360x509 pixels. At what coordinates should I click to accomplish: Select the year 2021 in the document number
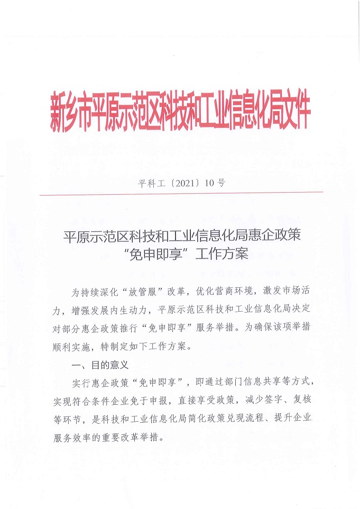click(174, 184)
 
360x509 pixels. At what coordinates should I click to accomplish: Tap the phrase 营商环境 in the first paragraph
click(235, 292)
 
